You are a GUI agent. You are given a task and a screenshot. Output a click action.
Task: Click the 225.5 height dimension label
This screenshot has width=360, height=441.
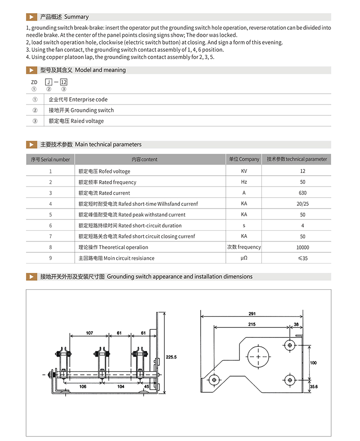coord(171,357)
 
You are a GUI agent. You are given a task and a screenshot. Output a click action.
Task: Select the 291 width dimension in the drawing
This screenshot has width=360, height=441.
coord(252,314)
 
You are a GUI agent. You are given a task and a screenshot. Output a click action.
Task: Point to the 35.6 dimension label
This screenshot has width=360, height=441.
coord(314,386)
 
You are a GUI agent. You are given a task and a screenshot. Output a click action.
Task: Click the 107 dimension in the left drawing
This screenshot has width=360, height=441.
coord(89,333)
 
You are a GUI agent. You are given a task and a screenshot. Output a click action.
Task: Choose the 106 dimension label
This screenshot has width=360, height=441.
coord(83,386)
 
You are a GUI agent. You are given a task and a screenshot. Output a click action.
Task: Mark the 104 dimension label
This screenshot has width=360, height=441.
coord(121,386)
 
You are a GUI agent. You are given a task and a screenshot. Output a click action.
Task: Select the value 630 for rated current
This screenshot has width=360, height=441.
coord(302,193)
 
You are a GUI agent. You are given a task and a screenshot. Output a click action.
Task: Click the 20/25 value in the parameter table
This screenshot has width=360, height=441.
coord(302,204)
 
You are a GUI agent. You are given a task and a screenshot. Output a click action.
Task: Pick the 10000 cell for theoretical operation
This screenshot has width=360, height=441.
coord(302,247)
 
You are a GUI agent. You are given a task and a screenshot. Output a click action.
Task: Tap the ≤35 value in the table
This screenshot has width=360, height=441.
coord(302,258)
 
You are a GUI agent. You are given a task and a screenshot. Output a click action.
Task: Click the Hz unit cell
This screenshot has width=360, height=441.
coord(244,182)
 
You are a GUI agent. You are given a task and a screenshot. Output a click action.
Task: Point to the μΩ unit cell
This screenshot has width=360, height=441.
coord(244,258)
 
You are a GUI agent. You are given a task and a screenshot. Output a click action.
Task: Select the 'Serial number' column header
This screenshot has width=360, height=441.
coord(50,159)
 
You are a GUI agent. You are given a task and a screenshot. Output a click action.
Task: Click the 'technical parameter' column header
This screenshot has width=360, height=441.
coord(297,159)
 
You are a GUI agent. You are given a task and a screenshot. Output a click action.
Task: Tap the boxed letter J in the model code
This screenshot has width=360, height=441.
coord(49,82)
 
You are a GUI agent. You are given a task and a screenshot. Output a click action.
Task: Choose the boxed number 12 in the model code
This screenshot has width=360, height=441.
coord(63,82)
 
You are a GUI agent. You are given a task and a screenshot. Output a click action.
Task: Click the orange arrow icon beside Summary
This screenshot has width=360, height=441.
coord(31,17)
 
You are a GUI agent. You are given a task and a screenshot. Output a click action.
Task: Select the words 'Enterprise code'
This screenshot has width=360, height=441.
coord(88,100)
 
